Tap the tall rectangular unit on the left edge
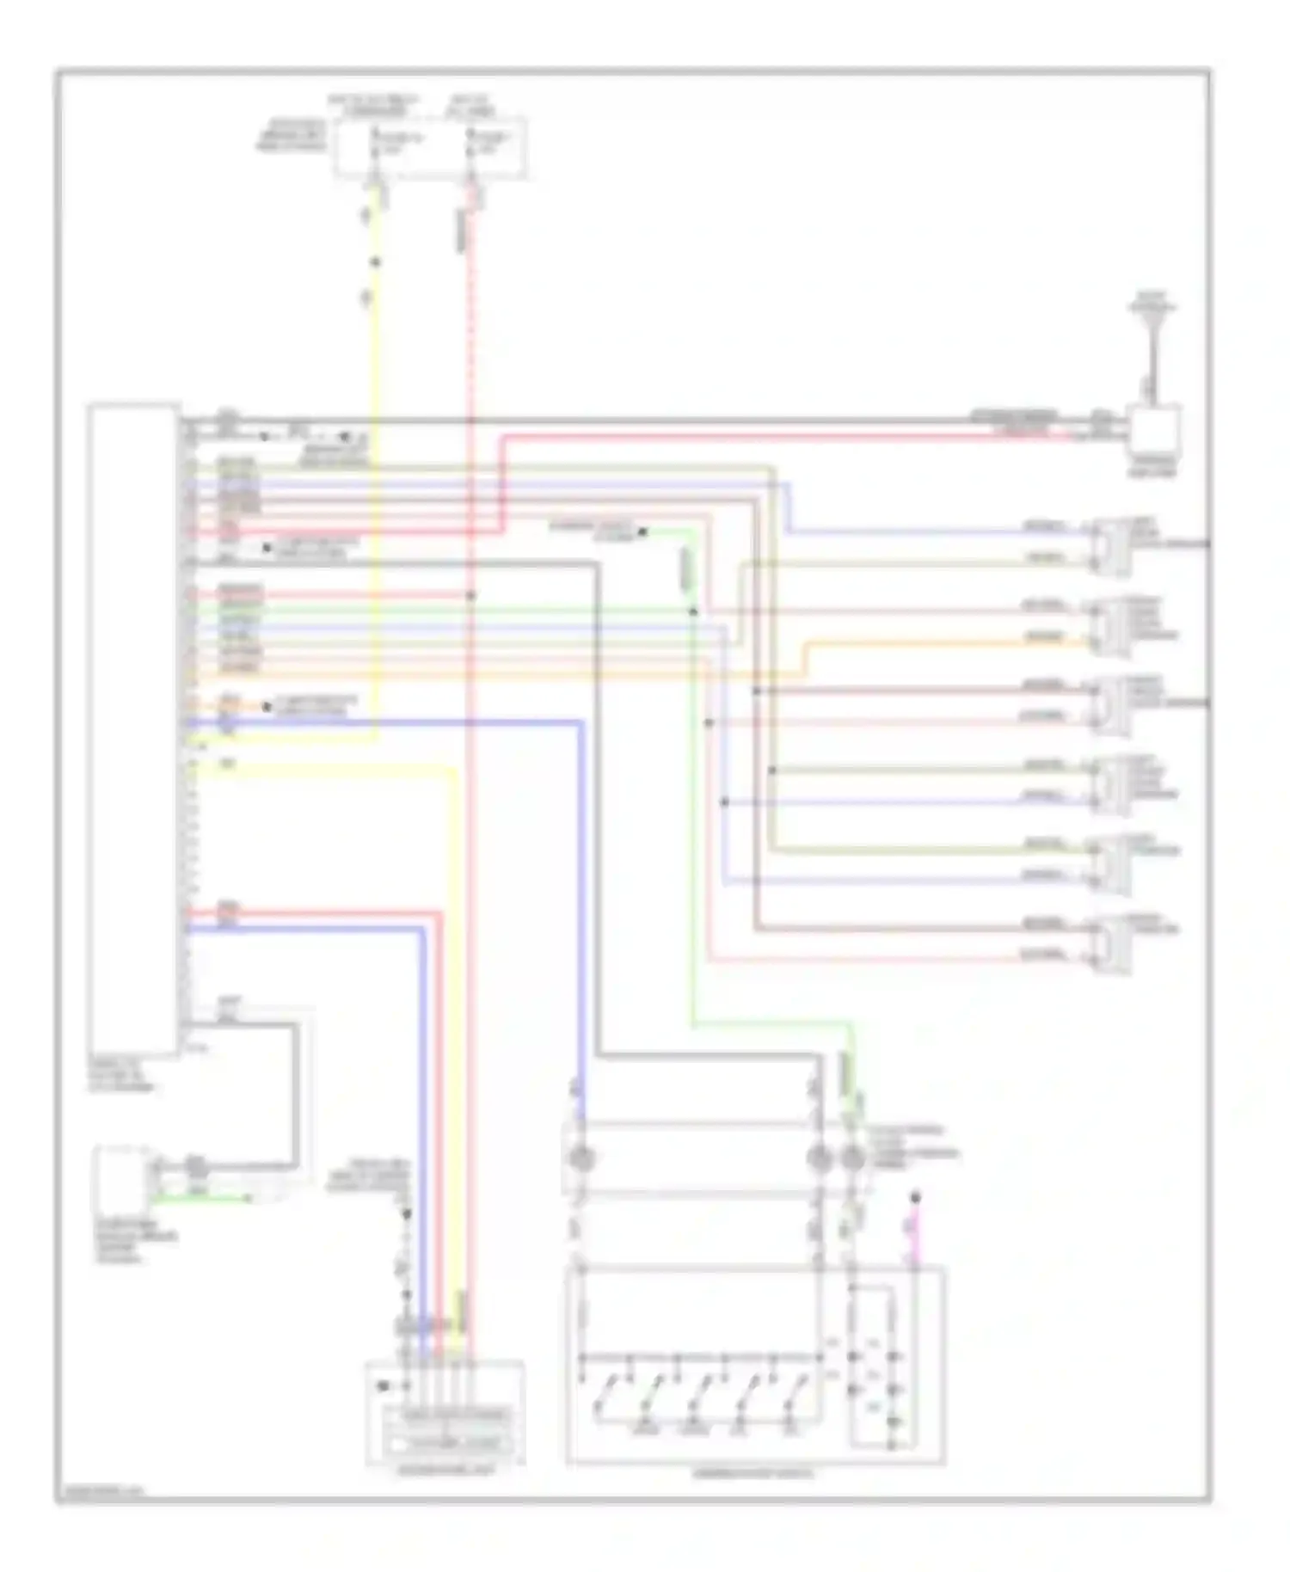(133, 728)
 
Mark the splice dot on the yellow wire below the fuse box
(375, 262)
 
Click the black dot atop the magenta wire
(915, 1196)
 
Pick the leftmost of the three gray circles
(582, 1158)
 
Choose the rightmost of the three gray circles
(852, 1158)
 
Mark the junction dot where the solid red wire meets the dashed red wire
(470, 595)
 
